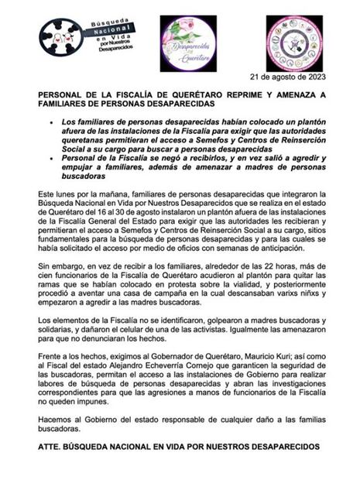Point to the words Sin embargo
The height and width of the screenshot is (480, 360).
click(x=60, y=269)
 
